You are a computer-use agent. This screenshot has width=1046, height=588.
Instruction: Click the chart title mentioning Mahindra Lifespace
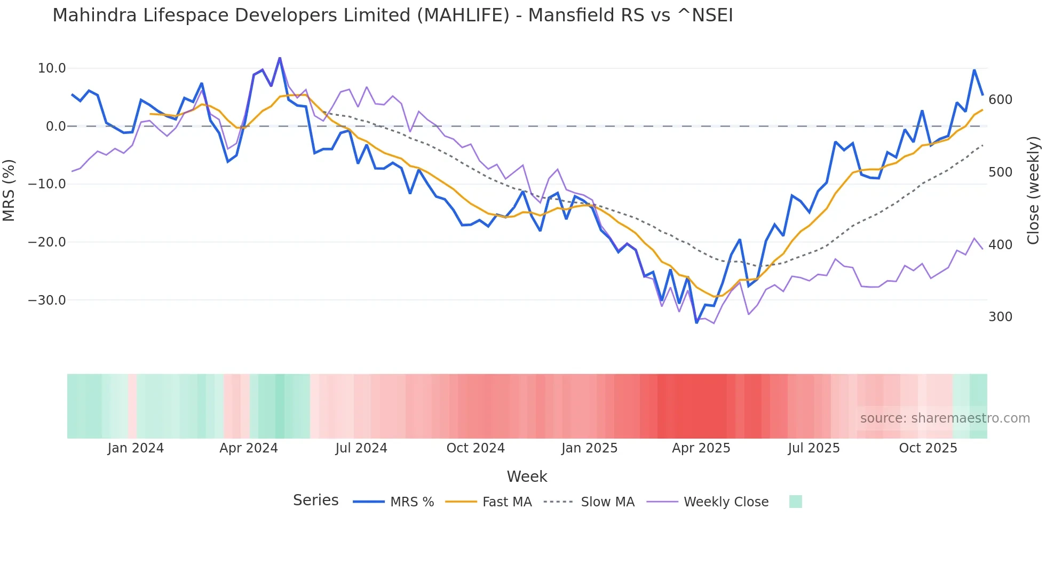pos(392,15)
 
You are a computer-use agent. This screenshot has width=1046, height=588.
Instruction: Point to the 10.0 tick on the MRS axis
pos(52,68)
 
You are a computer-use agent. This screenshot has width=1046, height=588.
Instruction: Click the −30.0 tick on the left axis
pos(47,300)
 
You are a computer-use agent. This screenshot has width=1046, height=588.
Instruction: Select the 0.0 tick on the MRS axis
pos(56,126)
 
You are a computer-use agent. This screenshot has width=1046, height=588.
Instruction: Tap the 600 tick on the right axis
pos(1000,100)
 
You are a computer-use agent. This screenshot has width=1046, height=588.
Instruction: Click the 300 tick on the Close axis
pos(1000,317)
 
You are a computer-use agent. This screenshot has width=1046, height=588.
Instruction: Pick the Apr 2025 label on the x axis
pos(701,448)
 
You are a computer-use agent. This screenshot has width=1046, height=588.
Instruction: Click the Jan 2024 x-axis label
pos(136,448)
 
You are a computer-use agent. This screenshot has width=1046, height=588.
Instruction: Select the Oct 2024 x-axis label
pos(476,448)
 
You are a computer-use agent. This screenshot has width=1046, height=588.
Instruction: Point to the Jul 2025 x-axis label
pos(814,448)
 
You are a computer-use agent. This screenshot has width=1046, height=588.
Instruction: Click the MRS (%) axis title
pos(9,190)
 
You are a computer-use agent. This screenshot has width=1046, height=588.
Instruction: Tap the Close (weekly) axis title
pos(1034,190)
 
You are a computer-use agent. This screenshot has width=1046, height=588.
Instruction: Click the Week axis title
pos(527,476)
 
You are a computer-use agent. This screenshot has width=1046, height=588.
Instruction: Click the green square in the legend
pos(795,502)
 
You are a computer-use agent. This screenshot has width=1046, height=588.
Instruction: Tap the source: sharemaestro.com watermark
pos(945,418)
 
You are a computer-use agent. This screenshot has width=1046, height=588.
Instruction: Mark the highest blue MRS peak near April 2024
pos(280,58)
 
